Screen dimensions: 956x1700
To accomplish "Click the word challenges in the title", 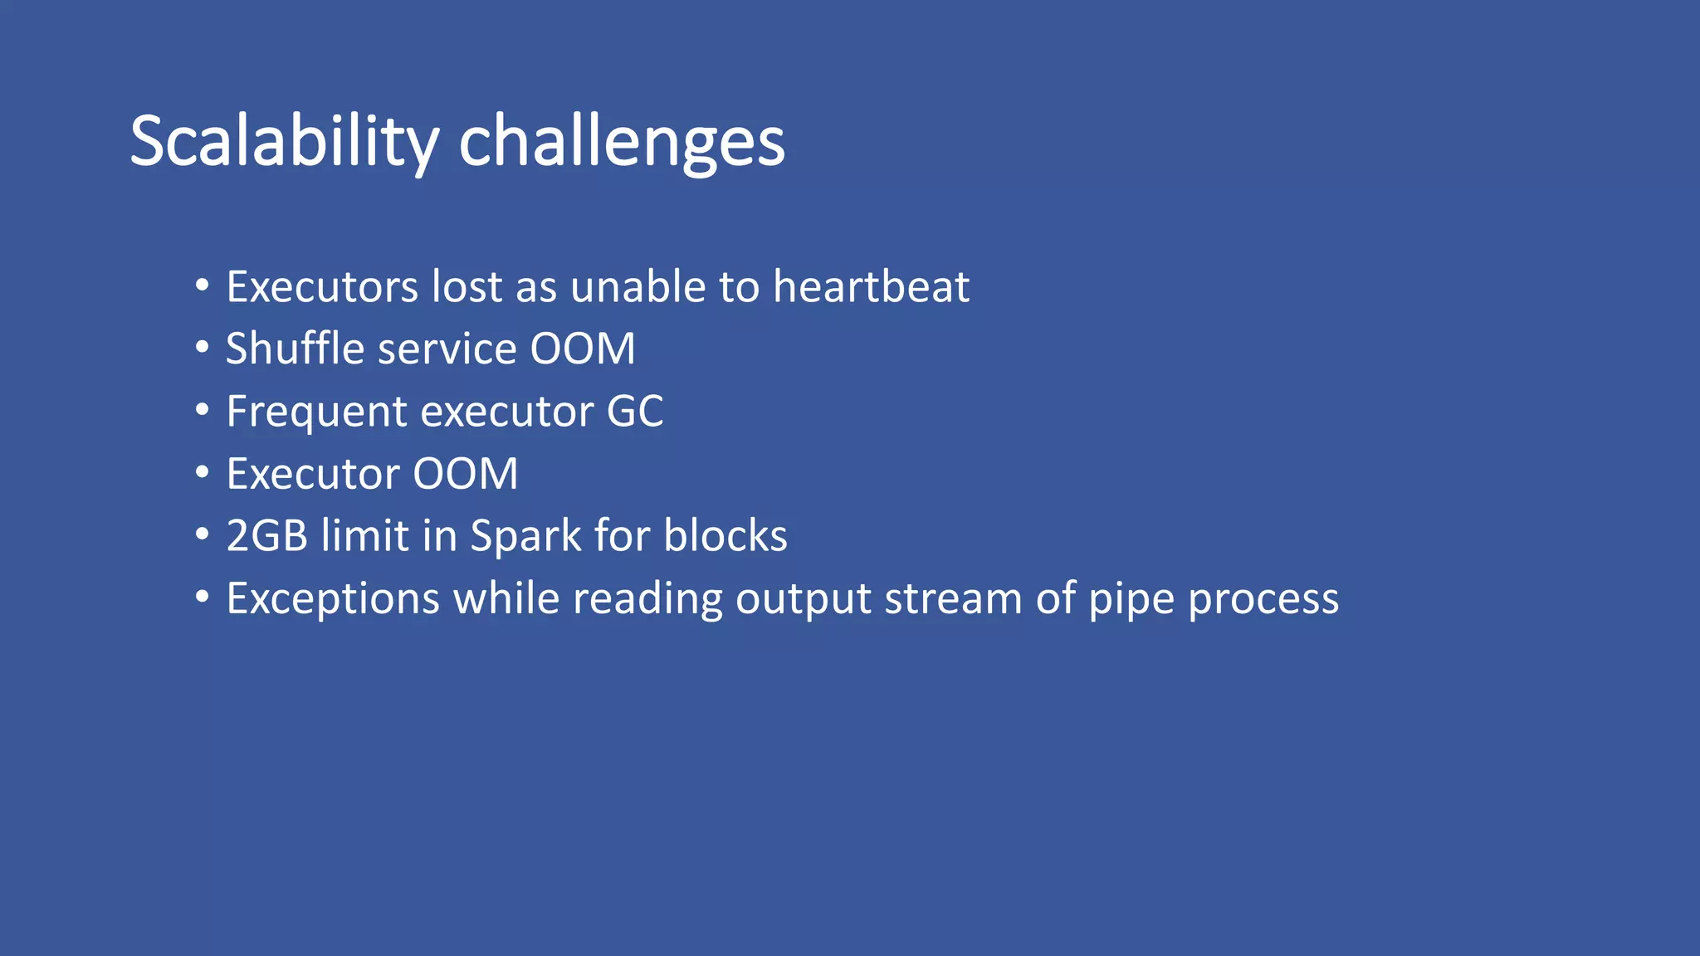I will tap(621, 141).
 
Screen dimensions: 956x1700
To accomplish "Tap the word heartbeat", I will tap(871, 286).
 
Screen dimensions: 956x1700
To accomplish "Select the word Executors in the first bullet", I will tap(322, 286).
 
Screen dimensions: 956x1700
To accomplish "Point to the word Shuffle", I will tap(295, 349).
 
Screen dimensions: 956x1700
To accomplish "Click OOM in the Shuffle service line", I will tap(583, 349).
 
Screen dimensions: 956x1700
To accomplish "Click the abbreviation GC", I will tap(635, 411).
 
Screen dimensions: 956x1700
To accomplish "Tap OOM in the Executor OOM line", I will tap(466, 474).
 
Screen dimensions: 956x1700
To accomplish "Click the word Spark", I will tap(525, 535).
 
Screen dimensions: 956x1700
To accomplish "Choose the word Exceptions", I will tap(332, 598).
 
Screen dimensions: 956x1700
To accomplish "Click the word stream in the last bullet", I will tap(953, 598).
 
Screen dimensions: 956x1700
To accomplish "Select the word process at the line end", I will tap(1263, 598).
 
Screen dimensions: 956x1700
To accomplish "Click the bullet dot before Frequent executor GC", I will tap(203, 410).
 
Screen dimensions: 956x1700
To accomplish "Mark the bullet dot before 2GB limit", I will tap(203, 534).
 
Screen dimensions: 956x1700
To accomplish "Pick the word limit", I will tap(365, 535).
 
